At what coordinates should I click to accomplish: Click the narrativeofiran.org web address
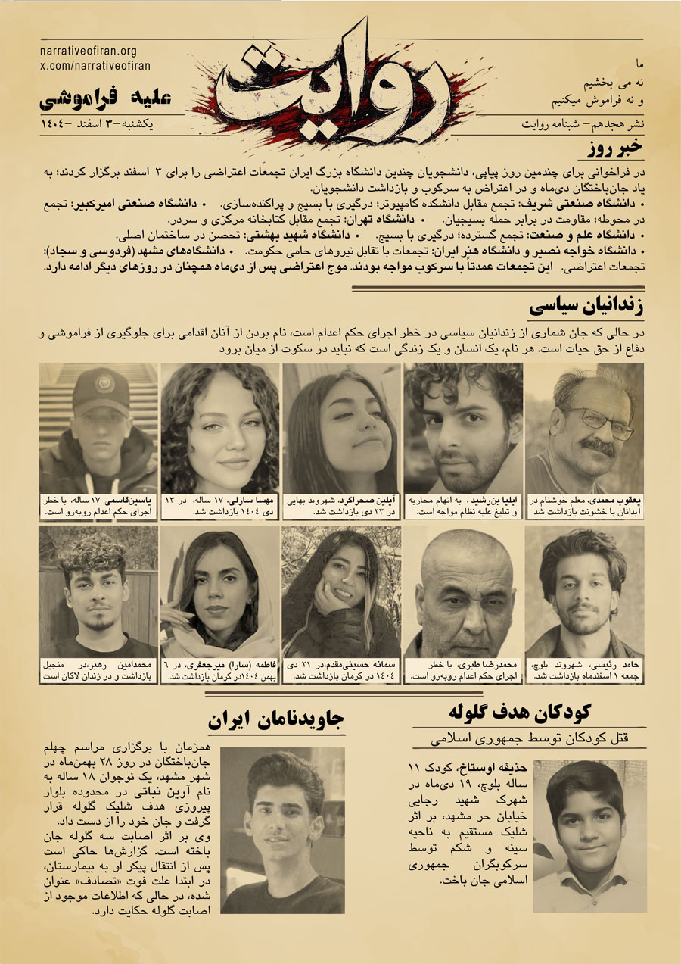tap(87, 51)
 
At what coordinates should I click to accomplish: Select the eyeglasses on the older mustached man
tap(598, 421)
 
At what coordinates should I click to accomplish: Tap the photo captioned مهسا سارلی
tap(219, 428)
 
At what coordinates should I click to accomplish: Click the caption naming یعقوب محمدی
tap(585, 506)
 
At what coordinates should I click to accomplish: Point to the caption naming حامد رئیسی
tap(585, 670)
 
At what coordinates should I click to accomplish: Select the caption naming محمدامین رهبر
tap(98, 670)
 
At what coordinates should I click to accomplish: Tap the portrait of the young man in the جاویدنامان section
tap(282, 830)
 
